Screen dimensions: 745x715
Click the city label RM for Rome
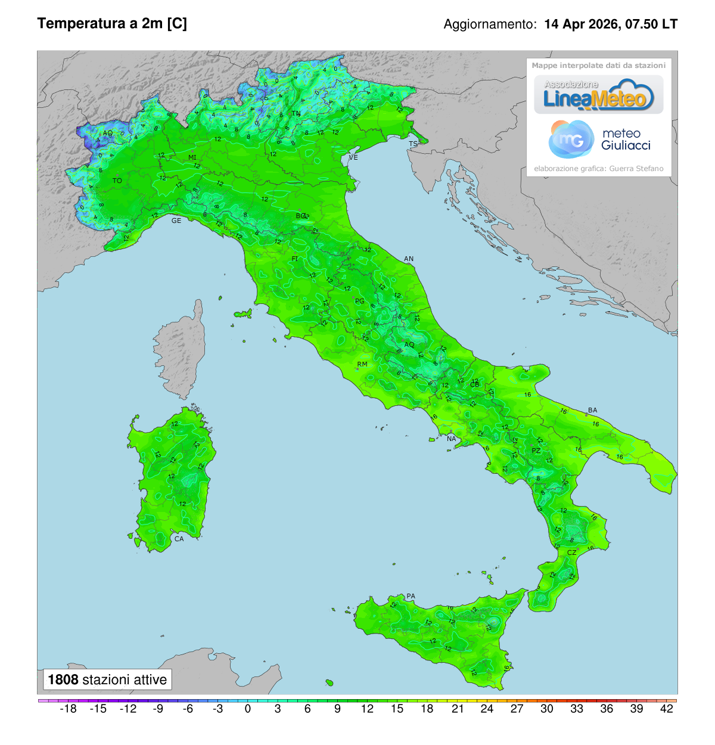pyautogui.click(x=362, y=364)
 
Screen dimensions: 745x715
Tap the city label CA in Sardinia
pyautogui.click(x=179, y=539)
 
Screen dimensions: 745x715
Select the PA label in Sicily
pyautogui.click(x=411, y=596)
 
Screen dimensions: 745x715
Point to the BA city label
pyautogui.click(x=592, y=410)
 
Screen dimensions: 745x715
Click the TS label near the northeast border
pyautogui.click(x=413, y=144)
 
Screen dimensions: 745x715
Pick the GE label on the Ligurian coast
pyautogui.click(x=176, y=221)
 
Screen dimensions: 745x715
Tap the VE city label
pyautogui.click(x=353, y=157)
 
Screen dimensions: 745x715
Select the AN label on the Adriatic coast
pyautogui.click(x=409, y=259)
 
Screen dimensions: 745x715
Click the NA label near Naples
pyautogui.click(x=451, y=439)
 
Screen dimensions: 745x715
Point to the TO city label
pyautogui.click(x=117, y=181)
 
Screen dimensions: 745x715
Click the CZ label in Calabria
pyautogui.click(x=571, y=552)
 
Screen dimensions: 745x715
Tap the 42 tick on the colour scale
pyautogui.click(x=667, y=709)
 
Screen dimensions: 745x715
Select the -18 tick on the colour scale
pyautogui.click(x=69, y=709)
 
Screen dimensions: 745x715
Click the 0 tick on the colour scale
pyautogui.click(x=248, y=709)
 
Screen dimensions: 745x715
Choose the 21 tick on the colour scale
pyautogui.click(x=457, y=709)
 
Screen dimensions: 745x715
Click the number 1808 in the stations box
pyautogui.click(x=63, y=679)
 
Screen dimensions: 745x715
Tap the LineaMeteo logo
pyautogui.click(x=598, y=95)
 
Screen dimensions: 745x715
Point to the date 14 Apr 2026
pyautogui.click(x=581, y=24)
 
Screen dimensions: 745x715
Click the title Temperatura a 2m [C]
pyautogui.click(x=112, y=23)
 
